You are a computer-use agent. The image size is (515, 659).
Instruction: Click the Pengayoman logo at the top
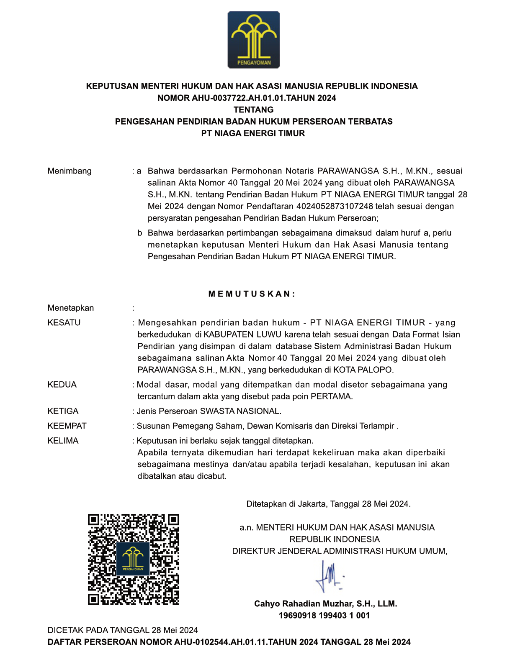(x=253, y=40)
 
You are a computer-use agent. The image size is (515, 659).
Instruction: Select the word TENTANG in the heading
(x=253, y=110)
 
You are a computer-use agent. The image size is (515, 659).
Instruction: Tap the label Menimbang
(x=70, y=171)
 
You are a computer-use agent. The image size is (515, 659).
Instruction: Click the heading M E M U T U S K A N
(x=252, y=294)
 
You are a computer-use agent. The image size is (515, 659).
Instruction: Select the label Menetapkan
(x=71, y=308)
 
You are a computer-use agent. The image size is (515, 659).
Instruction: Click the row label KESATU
(x=64, y=323)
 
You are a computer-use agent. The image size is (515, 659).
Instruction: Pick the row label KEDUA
(x=62, y=385)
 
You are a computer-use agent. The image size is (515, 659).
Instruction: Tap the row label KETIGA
(x=63, y=411)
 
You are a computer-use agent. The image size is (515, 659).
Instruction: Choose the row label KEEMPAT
(x=67, y=426)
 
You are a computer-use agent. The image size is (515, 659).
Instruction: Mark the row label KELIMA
(x=63, y=441)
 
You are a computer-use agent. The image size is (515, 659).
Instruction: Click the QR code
(x=134, y=559)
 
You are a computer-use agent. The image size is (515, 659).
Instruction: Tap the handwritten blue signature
(x=330, y=576)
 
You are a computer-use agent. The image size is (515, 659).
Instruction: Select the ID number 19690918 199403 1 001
(x=324, y=616)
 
